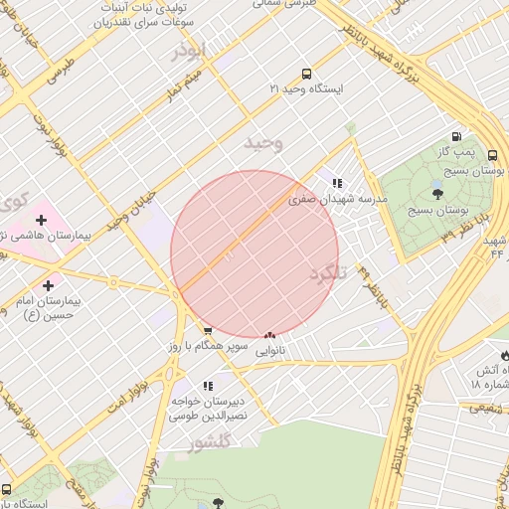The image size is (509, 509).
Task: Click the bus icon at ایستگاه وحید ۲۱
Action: (x=306, y=74)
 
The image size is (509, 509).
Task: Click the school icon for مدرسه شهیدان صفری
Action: (x=337, y=183)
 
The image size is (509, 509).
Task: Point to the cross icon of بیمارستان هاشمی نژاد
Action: (x=41, y=219)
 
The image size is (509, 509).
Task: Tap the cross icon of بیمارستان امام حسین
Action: (x=48, y=258)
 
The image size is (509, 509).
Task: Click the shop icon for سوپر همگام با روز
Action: (x=207, y=332)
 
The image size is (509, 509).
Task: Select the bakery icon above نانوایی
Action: (x=270, y=336)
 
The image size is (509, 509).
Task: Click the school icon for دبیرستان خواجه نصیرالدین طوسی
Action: (x=207, y=386)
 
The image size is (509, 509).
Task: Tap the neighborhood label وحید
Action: (x=263, y=143)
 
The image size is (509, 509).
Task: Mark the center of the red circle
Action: (x=254, y=254)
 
